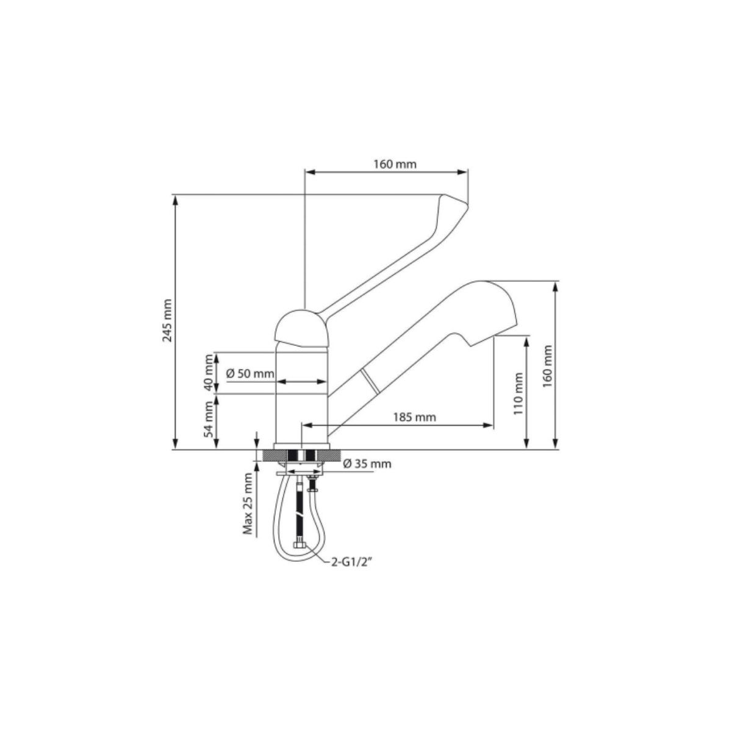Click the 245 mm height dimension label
click(168, 321)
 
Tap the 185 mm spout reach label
click(414, 417)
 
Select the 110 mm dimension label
click(518, 393)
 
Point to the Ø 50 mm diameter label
click(250, 374)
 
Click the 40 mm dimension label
click(209, 373)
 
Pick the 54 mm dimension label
click(209, 420)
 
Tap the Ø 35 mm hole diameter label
click(367, 464)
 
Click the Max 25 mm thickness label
click(248, 504)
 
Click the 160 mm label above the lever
click(395, 165)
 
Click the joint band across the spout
click(369, 381)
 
